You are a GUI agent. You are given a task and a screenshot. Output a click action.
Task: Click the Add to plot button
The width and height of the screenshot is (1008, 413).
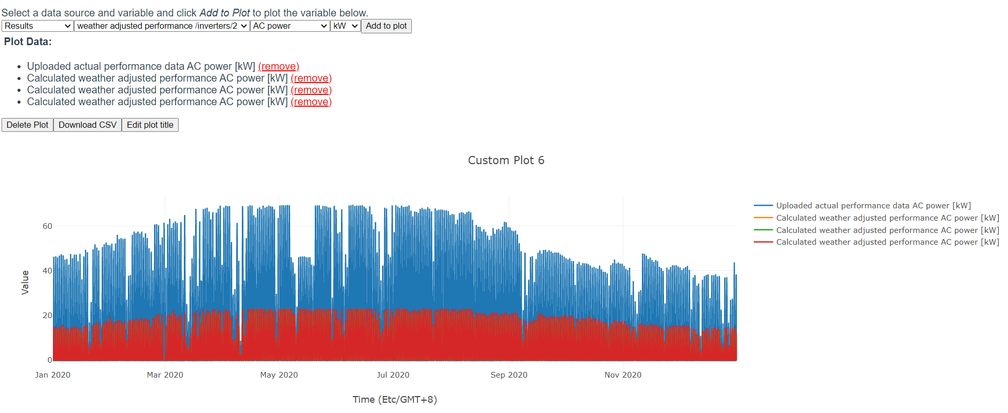pyautogui.click(x=386, y=26)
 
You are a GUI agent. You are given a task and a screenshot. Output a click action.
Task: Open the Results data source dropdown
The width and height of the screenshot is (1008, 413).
pyautogui.click(x=37, y=26)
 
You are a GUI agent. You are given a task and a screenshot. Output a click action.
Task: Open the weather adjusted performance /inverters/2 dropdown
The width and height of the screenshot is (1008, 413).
pyautogui.click(x=162, y=26)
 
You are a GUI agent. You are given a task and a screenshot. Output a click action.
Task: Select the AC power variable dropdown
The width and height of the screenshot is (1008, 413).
pyautogui.click(x=290, y=26)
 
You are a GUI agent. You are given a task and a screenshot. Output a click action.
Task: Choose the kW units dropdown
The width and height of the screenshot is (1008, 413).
pyautogui.click(x=345, y=26)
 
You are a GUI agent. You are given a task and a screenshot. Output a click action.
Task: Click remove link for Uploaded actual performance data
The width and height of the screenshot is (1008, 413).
pyautogui.click(x=278, y=67)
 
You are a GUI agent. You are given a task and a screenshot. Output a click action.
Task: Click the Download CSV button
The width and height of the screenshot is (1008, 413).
pyautogui.click(x=87, y=125)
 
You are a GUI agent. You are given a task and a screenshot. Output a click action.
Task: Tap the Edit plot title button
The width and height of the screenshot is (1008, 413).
pyautogui.click(x=150, y=125)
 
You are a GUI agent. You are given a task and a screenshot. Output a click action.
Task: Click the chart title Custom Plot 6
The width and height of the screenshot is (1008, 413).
pyautogui.click(x=506, y=161)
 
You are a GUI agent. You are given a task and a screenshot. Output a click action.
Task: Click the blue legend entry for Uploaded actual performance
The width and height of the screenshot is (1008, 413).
pyautogui.click(x=873, y=206)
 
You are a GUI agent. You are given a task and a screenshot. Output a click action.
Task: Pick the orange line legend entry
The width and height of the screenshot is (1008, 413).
pyautogui.click(x=887, y=218)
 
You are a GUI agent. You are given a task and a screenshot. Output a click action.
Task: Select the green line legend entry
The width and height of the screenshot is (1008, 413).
pyautogui.click(x=887, y=230)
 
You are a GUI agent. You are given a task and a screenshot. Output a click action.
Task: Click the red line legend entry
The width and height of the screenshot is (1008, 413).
pyautogui.click(x=887, y=242)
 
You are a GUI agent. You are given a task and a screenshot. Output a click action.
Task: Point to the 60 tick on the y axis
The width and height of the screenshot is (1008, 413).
pyautogui.click(x=47, y=226)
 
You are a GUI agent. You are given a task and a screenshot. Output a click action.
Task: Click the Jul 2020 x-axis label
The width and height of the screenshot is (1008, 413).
pyautogui.click(x=393, y=375)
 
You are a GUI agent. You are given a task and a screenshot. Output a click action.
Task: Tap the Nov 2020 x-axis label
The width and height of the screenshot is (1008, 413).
pyautogui.click(x=623, y=375)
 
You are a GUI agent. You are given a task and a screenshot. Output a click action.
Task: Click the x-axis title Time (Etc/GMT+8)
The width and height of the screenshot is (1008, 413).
pyautogui.click(x=394, y=400)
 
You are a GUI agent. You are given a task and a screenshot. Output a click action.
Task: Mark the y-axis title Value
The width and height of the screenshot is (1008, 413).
pyautogui.click(x=25, y=283)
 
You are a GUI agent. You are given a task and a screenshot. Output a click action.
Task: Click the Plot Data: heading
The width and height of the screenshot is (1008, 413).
pyautogui.click(x=28, y=42)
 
